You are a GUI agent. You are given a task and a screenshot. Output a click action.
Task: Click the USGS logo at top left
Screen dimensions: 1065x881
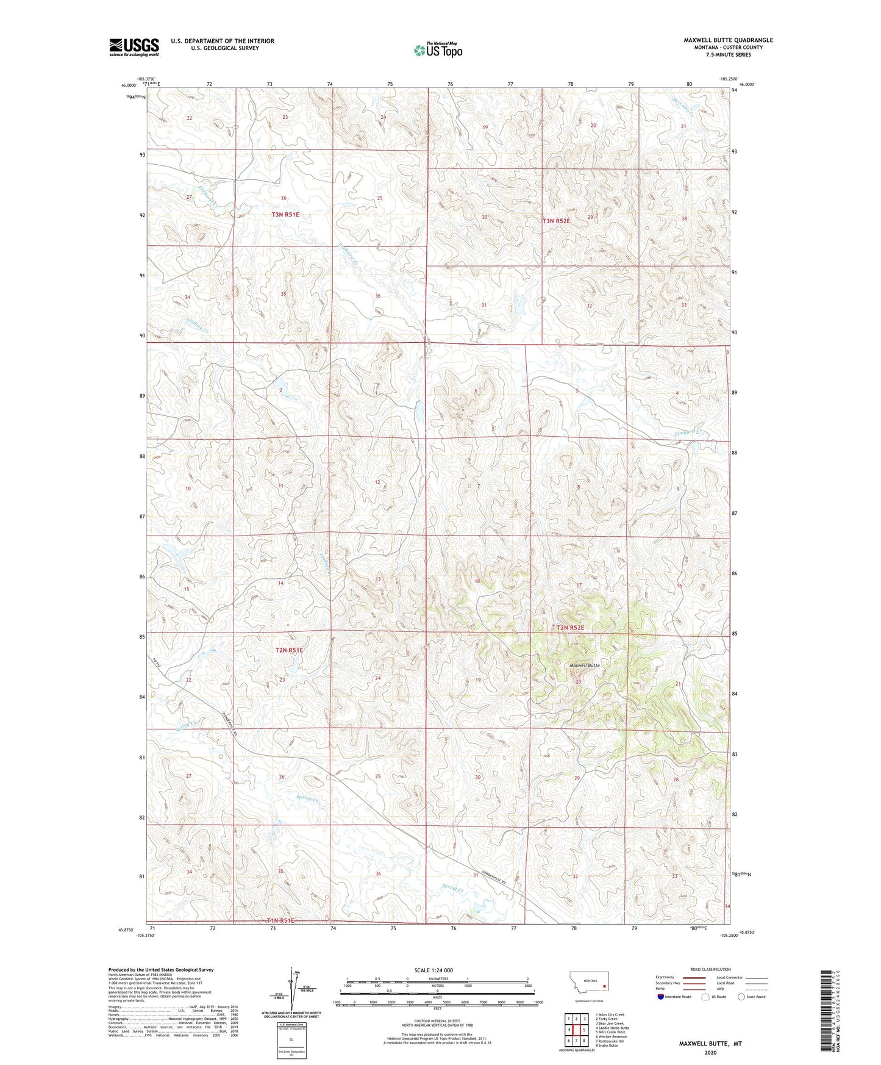[134, 47]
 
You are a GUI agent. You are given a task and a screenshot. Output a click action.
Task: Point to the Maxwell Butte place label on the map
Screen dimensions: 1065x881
[584, 665]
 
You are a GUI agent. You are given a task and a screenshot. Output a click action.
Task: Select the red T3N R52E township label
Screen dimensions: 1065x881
[556, 221]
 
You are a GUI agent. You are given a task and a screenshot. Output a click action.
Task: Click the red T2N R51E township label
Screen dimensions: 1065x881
[289, 650]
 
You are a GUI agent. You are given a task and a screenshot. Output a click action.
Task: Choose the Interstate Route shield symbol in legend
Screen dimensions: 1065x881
[661, 997]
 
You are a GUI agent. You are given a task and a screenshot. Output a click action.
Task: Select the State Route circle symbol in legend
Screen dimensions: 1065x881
[741, 997]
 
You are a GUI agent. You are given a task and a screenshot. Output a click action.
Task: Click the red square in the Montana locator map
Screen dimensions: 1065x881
[604, 984]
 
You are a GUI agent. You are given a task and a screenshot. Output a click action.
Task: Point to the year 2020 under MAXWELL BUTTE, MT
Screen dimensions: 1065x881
[710, 1052]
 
